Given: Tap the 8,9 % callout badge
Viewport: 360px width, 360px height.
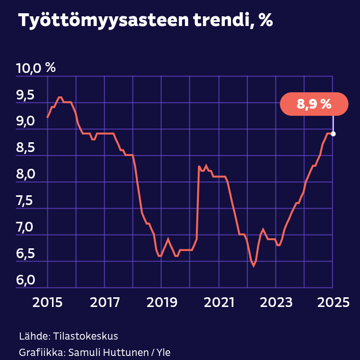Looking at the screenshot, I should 314,105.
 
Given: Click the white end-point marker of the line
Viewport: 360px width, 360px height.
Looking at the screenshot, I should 333,134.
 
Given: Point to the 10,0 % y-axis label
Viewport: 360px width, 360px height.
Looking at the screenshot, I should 36,68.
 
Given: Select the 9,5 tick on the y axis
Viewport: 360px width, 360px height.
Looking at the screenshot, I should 25,95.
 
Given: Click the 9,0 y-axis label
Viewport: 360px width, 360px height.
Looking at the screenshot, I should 25,121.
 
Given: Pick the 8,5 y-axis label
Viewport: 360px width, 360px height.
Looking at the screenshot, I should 25,148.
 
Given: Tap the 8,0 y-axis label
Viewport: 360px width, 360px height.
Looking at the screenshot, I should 25,174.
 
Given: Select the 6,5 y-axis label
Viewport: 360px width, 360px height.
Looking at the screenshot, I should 25,254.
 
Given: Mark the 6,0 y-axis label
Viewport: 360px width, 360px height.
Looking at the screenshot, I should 25,280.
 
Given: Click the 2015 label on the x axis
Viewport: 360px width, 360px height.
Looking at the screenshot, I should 47,302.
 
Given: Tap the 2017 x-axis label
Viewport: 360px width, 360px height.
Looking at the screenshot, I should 105,302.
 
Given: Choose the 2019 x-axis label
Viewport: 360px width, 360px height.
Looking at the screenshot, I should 162,302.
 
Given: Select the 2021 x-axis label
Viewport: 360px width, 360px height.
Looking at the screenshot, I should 219,302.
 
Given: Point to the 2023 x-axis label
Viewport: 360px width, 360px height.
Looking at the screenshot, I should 276,302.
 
